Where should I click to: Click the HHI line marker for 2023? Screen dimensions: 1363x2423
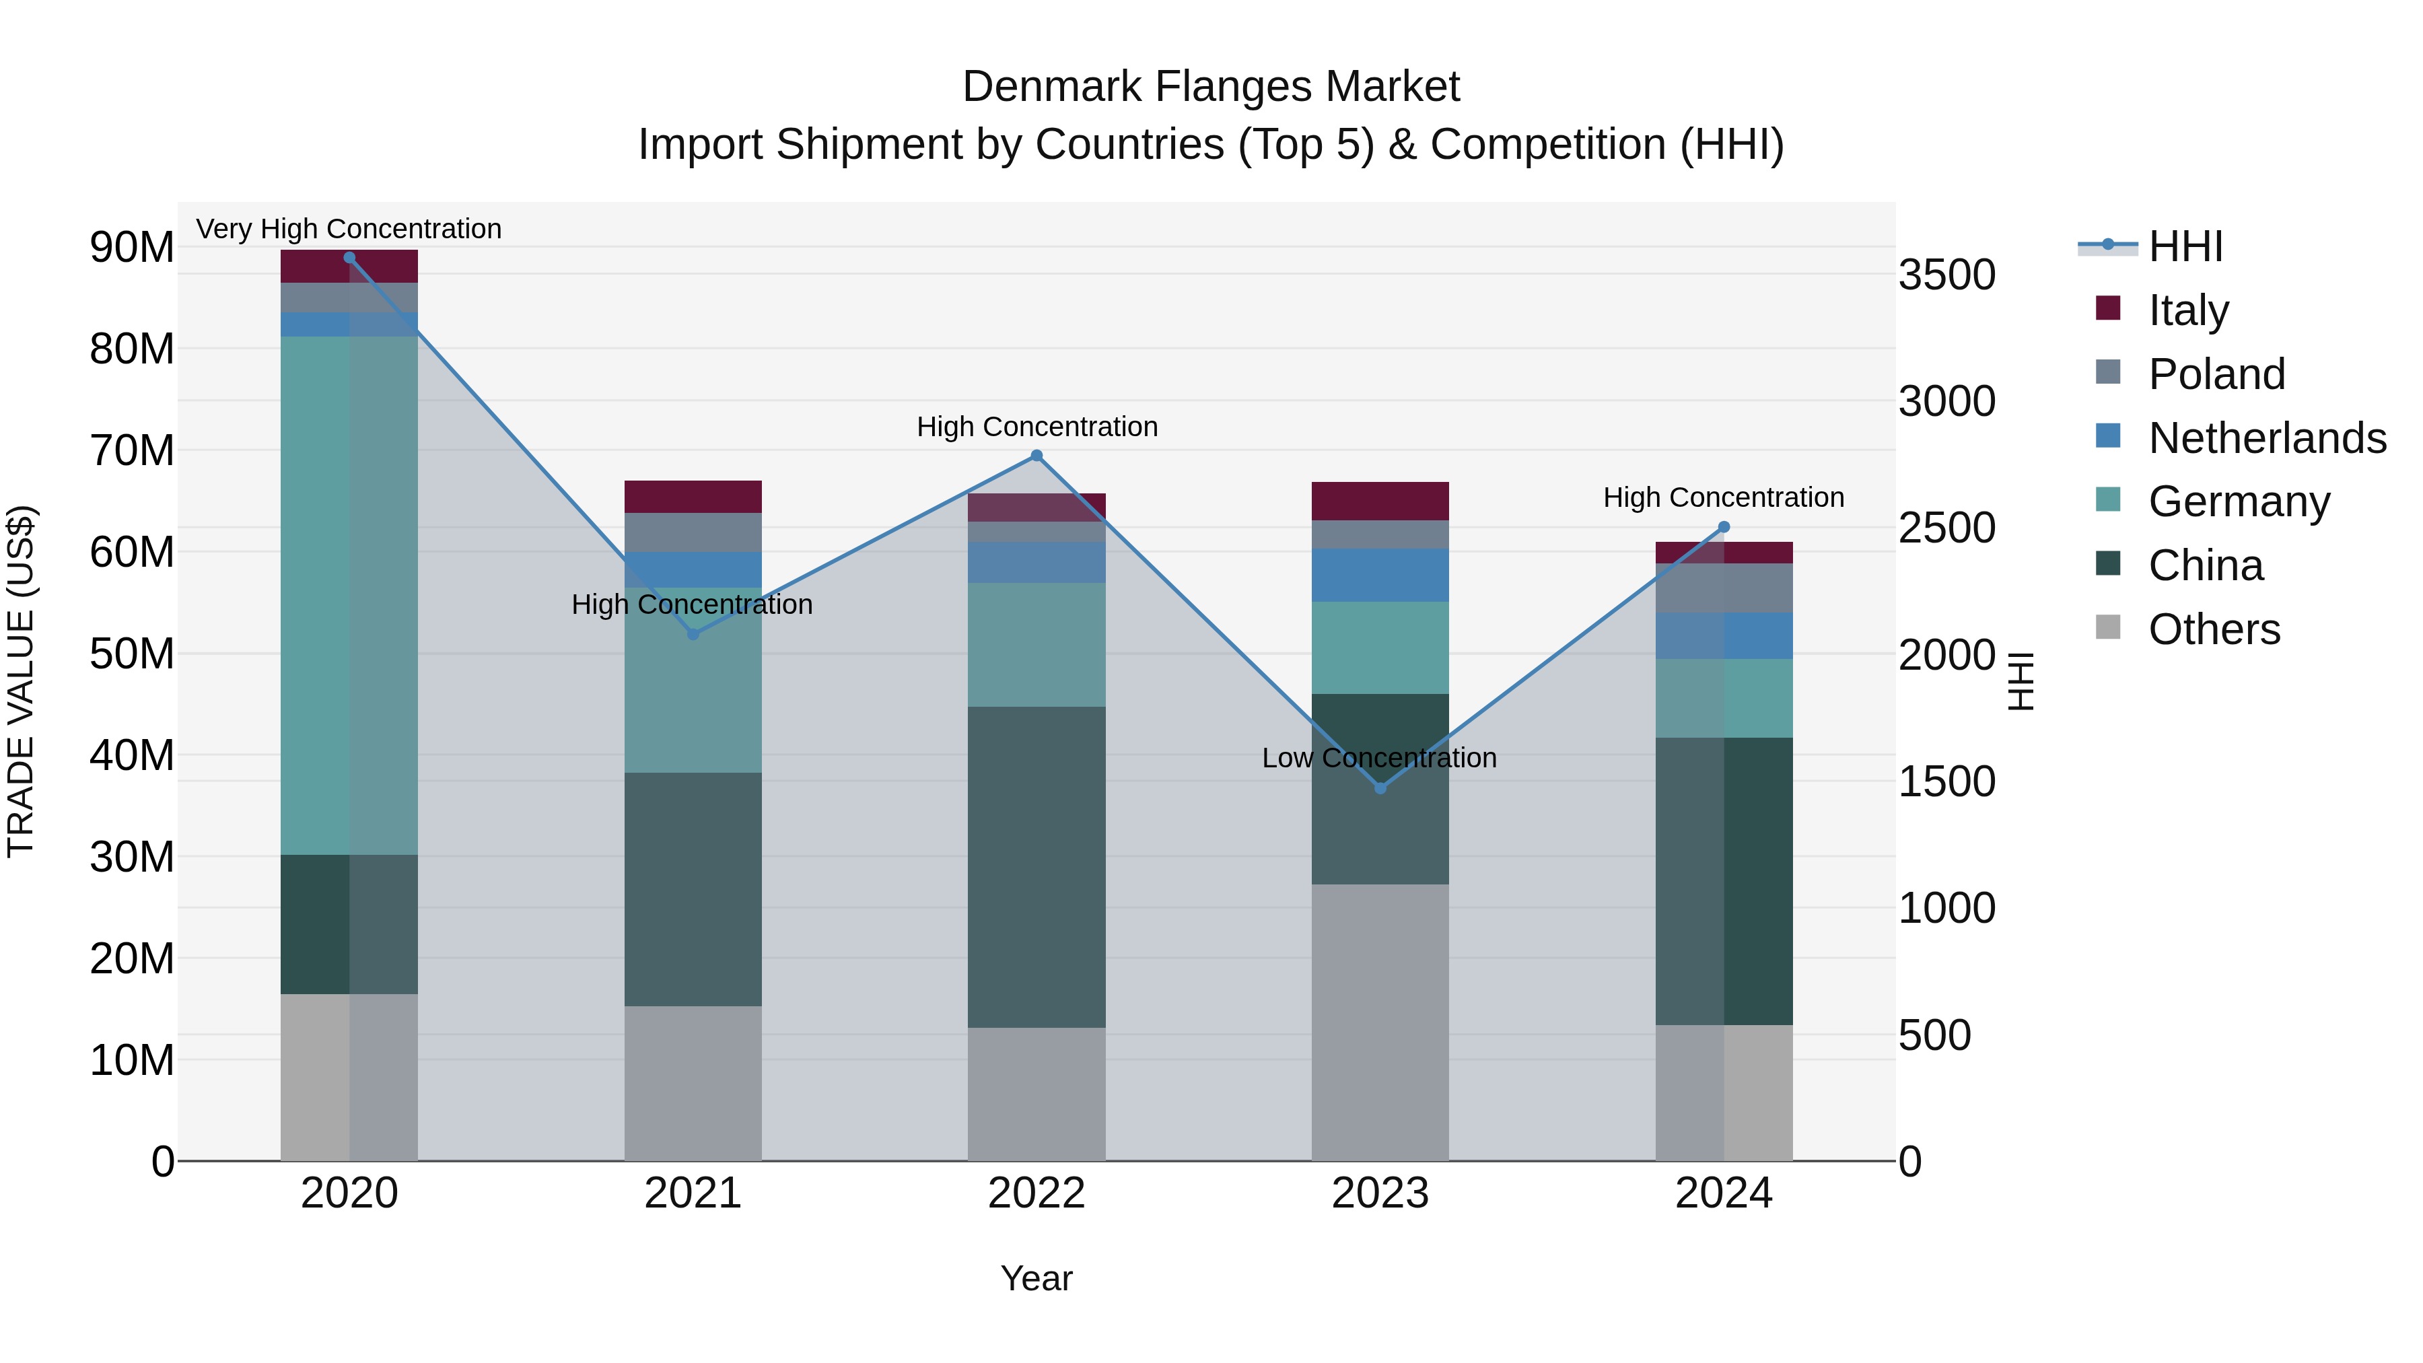(1380, 788)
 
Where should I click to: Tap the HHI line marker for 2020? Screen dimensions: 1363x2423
(349, 258)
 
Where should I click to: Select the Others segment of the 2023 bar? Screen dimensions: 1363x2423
(1380, 1022)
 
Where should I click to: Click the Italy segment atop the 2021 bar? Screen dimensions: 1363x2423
(693, 497)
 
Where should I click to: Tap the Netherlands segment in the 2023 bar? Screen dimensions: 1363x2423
(1380, 575)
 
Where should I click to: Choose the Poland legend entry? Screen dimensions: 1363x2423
(2216, 374)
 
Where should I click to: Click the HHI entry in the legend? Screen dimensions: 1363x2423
(2185, 246)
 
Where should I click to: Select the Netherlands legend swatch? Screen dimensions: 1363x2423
(2108, 436)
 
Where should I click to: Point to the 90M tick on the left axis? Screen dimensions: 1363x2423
(132, 248)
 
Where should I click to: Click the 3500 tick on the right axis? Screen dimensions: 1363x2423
(1946, 275)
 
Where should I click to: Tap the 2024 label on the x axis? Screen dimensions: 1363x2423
(1723, 1193)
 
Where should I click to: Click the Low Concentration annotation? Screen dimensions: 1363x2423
(1379, 758)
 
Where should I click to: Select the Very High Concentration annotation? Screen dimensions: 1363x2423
(349, 229)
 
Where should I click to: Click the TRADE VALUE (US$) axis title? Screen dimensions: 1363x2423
(21, 681)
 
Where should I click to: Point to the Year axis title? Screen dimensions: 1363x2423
(1037, 1278)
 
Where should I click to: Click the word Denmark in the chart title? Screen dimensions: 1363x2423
(1051, 87)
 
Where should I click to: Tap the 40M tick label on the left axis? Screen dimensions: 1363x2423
(132, 755)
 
